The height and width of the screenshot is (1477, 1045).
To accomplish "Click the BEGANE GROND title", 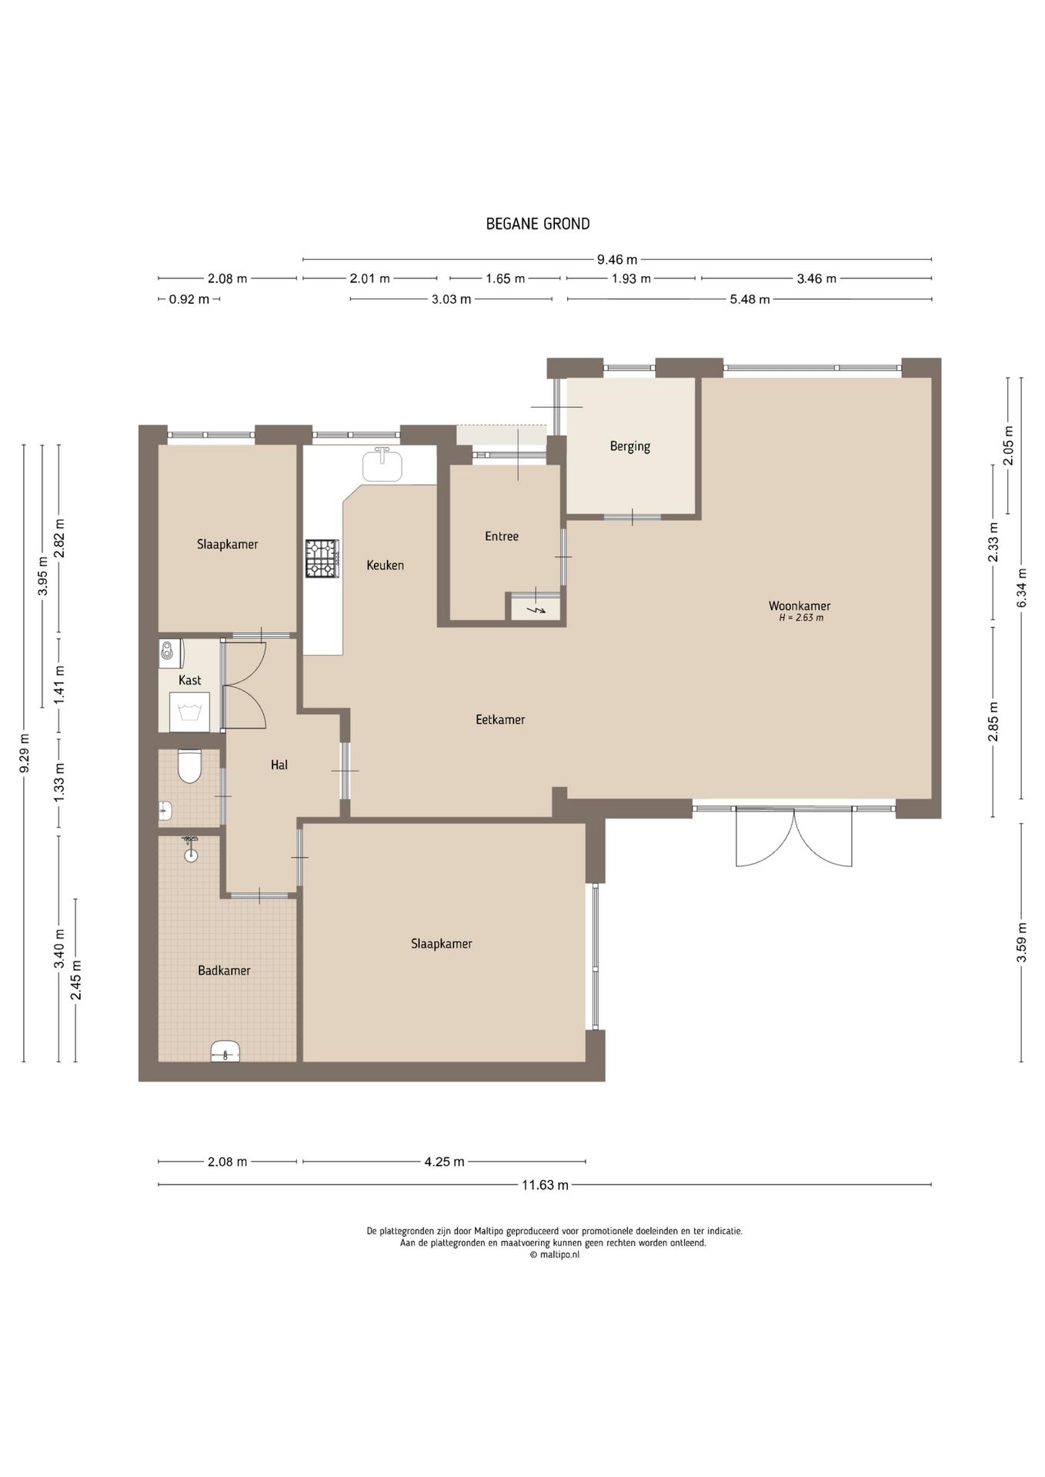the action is click(538, 224).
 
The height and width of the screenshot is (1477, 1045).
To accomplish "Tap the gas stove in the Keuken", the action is click(322, 558).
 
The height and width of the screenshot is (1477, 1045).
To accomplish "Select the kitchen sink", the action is click(382, 465).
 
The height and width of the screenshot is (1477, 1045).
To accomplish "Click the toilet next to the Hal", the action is click(189, 766).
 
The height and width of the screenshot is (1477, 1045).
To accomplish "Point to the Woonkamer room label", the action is click(800, 606).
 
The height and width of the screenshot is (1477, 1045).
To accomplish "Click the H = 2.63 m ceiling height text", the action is click(801, 618).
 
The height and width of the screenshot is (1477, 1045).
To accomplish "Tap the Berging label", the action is click(629, 446).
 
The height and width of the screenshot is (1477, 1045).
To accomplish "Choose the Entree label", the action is click(502, 536).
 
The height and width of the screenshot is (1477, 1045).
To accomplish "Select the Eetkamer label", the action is click(500, 720).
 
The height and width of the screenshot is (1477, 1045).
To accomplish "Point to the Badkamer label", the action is click(224, 971).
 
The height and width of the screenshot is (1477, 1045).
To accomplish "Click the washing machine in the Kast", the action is click(189, 712).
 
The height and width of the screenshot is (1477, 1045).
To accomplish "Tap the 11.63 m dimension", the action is click(545, 1185).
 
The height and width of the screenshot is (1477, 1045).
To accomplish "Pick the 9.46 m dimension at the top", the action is click(617, 259).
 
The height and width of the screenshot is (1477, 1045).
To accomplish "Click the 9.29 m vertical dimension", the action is click(24, 754).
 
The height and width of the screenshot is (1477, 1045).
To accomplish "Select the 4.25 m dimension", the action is click(444, 1162).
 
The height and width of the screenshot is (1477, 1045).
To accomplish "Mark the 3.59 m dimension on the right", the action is click(1022, 942).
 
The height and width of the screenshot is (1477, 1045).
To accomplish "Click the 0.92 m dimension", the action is click(189, 299).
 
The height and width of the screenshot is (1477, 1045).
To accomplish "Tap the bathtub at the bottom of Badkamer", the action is click(225, 1051).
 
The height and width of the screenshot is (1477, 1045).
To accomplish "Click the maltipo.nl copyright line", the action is click(555, 1255).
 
